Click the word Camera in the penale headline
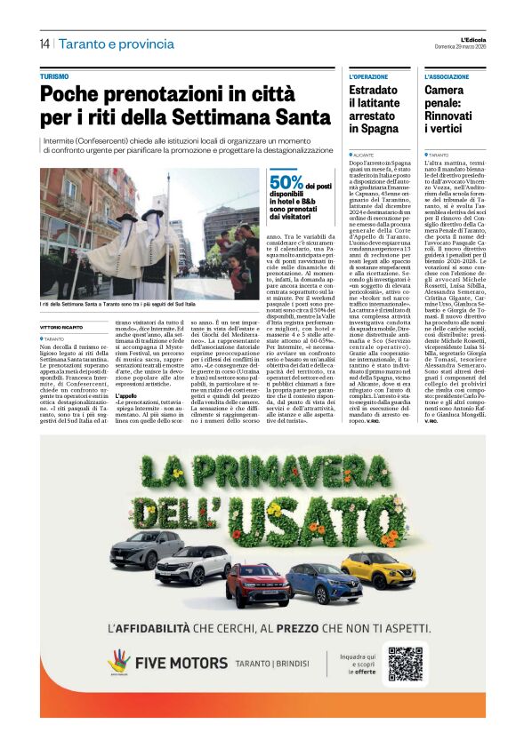point(444,91)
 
